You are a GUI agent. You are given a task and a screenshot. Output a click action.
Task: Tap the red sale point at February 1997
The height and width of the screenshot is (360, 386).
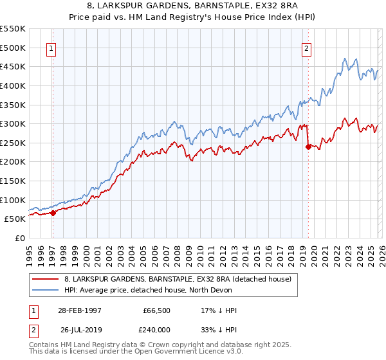pos(53,213)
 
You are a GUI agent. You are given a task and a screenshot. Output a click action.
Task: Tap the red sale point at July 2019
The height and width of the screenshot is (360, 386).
pos(308,147)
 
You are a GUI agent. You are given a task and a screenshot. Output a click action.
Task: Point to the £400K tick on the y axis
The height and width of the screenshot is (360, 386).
pos(14,85)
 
